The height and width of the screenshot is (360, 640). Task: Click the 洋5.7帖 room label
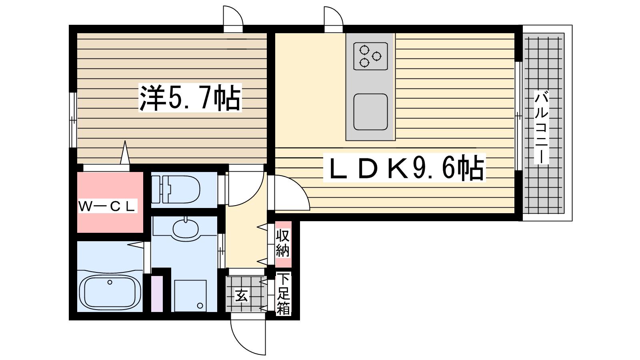tap(190, 98)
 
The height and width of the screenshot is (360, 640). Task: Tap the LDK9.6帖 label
tap(404, 168)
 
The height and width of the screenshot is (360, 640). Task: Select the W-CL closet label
tap(108, 206)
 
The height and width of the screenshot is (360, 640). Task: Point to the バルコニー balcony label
tap(542, 127)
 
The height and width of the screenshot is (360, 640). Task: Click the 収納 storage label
tap(282, 243)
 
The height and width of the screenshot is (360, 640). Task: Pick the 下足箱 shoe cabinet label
tap(283, 294)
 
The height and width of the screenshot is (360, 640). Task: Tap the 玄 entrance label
tap(242, 296)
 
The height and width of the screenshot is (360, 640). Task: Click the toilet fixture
tap(176, 190)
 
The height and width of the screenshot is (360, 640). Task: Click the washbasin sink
tap(186, 228)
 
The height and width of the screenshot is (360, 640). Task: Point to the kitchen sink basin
tap(370, 112)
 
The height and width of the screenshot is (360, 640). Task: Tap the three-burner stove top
tap(370, 56)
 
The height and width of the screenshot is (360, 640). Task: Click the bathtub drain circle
tap(110, 282)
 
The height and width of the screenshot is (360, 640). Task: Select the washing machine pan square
tap(190, 296)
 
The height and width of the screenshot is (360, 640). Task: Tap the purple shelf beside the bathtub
tap(157, 294)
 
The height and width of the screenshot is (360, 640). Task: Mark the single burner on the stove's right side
tap(377, 56)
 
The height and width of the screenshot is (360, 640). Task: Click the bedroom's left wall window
tap(73, 120)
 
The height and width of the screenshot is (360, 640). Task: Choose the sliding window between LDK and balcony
tap(518, 116)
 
